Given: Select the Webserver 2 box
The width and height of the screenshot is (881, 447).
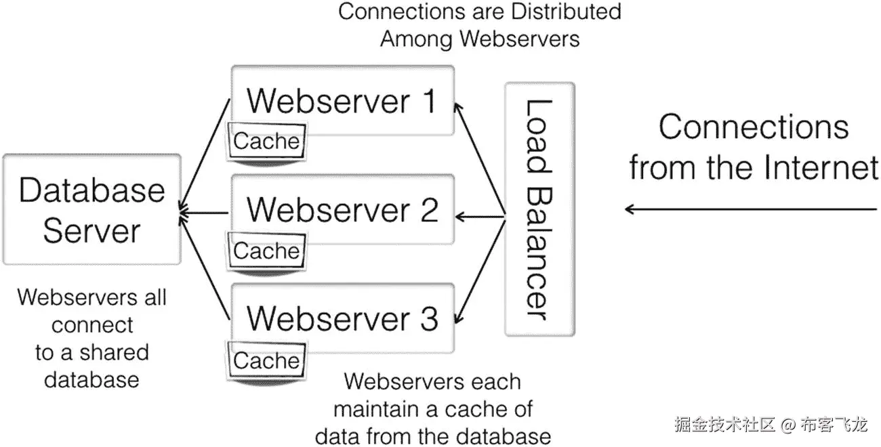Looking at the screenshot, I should click(x=342, y=209).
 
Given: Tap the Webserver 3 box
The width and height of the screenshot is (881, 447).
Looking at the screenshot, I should click(x=342, y=318).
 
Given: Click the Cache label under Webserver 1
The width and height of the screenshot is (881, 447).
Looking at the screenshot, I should click(x=266, y=142).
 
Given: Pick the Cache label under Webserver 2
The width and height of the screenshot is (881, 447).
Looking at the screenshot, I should click(x=266, y=251).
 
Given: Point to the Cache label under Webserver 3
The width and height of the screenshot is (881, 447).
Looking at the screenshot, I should click(x=266, y=361).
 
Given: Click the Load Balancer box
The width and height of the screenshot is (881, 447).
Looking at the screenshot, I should click(x=540, y=209).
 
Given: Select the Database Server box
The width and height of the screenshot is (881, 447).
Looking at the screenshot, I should click(x=91, y=209).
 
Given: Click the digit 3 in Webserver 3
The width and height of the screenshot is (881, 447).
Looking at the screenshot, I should click(x=428, y=318).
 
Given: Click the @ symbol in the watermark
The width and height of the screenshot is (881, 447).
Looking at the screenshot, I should click(x=787, y=425).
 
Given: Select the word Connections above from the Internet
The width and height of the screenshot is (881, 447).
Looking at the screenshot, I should click(x=754, y=127).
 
